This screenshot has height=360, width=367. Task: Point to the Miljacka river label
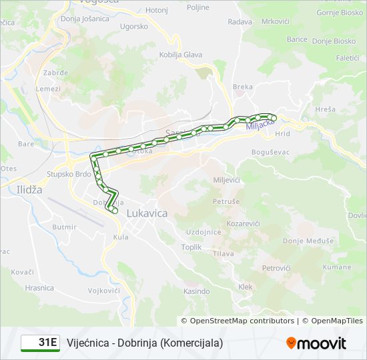pyautogui.click(x=260, y=125)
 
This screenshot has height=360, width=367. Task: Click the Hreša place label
pyautogui.click(x=325, y=109)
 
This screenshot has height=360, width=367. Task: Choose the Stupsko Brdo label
pyautogui.click(x=69, y=174)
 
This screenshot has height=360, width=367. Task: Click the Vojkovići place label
pyautogui.click(x=103, y=291)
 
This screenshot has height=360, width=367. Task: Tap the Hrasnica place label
pyautogui.click(x=39, y=288)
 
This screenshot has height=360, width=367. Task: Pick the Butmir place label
pyautogui.click(x=64, y=227)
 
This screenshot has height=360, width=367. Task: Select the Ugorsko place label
pyautogui.click(x=133, y=27)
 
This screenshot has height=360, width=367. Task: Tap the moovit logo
pyautogui.click(x=316, y=343)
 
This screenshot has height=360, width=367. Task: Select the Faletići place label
pyautogui.click(x=348, y=58)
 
